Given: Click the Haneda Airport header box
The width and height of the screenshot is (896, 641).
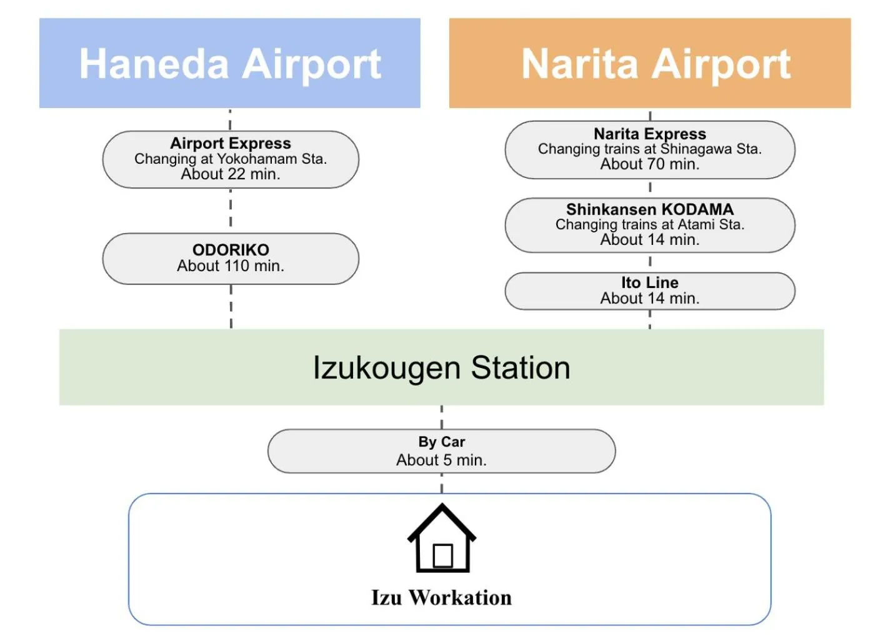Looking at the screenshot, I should coord(229,63).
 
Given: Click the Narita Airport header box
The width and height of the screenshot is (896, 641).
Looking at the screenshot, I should coord(650,63).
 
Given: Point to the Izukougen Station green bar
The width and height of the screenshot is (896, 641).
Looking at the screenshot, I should coord(441,367).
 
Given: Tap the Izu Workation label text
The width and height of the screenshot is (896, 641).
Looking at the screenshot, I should coord(441,598).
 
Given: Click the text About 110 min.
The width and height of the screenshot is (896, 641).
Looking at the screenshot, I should coord(231,266).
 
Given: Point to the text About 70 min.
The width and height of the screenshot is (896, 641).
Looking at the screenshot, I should coord(650,164).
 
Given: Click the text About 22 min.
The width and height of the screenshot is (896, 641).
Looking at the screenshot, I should coord(231,174).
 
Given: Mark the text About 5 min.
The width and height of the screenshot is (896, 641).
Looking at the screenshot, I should coord(441,460).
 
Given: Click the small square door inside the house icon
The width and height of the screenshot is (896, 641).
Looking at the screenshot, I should coord(442,555).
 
